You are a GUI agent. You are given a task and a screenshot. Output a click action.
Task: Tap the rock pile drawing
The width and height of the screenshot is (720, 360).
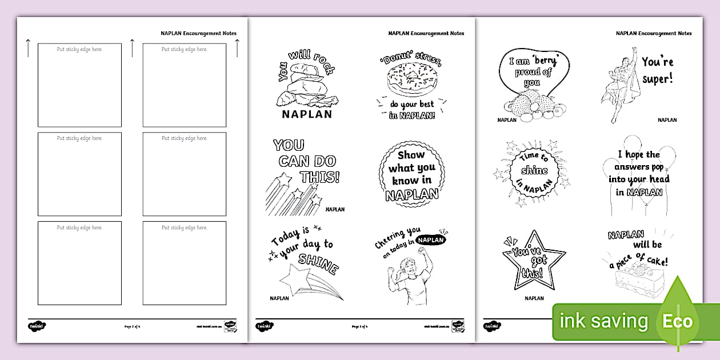[306, 87]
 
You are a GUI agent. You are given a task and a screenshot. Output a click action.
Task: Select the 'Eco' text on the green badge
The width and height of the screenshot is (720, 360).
[677, 321]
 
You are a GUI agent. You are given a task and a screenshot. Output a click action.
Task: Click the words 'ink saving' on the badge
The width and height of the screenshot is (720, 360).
[604, 321]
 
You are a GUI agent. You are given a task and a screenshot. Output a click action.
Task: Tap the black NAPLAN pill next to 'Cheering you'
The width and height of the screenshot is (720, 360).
[431, 241]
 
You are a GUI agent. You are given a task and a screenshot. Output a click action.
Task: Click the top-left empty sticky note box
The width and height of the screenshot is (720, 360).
[79, 85]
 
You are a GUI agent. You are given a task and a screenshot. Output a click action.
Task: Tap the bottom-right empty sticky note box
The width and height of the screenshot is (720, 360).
[185, 263]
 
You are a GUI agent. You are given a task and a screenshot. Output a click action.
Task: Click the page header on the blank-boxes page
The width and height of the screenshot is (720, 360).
[198, 33]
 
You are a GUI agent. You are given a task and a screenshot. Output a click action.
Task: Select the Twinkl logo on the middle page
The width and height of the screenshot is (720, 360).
[265, 326]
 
